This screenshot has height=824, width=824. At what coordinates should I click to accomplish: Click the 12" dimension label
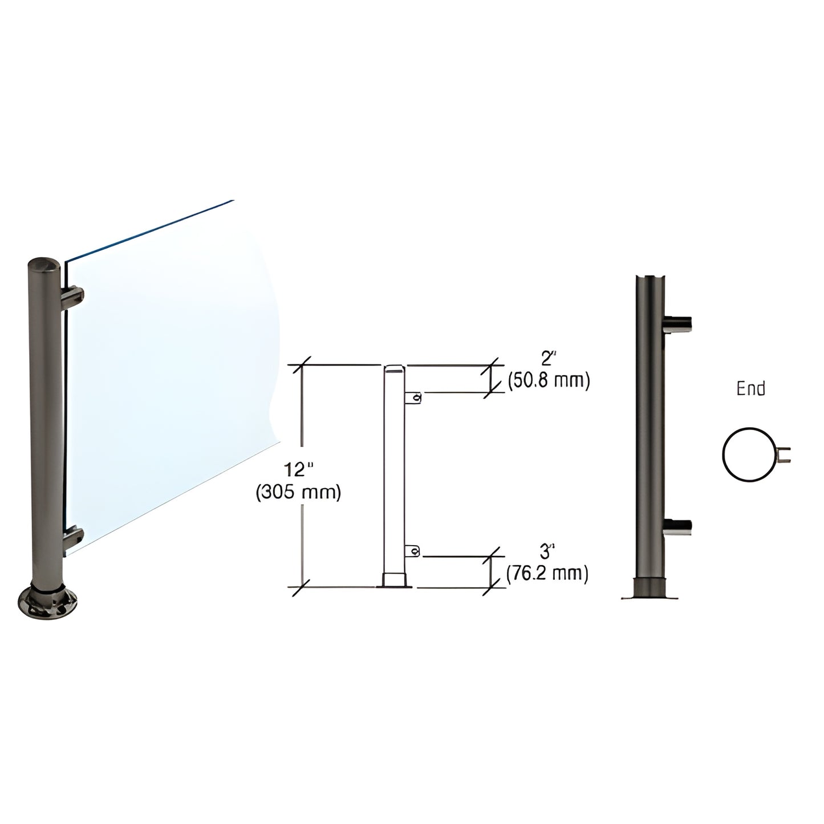(299, 471)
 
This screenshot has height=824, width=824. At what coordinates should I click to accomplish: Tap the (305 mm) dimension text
(298, 492)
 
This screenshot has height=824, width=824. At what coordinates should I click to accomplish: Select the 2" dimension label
(548, 359)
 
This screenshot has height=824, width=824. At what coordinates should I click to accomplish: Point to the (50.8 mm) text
(548, 380)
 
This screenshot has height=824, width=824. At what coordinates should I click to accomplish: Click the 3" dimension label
(547, 552)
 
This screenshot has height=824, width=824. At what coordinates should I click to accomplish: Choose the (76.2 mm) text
(547, 573)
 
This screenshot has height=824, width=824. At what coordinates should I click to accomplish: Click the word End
(750, 389)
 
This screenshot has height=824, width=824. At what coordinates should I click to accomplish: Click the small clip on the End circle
(785, 454)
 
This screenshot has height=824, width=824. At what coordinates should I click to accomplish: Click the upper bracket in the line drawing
(414, 397)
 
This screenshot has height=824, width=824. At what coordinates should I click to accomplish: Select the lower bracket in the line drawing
(413, 551)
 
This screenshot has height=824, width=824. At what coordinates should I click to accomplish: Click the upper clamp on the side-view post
(679, 324)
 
